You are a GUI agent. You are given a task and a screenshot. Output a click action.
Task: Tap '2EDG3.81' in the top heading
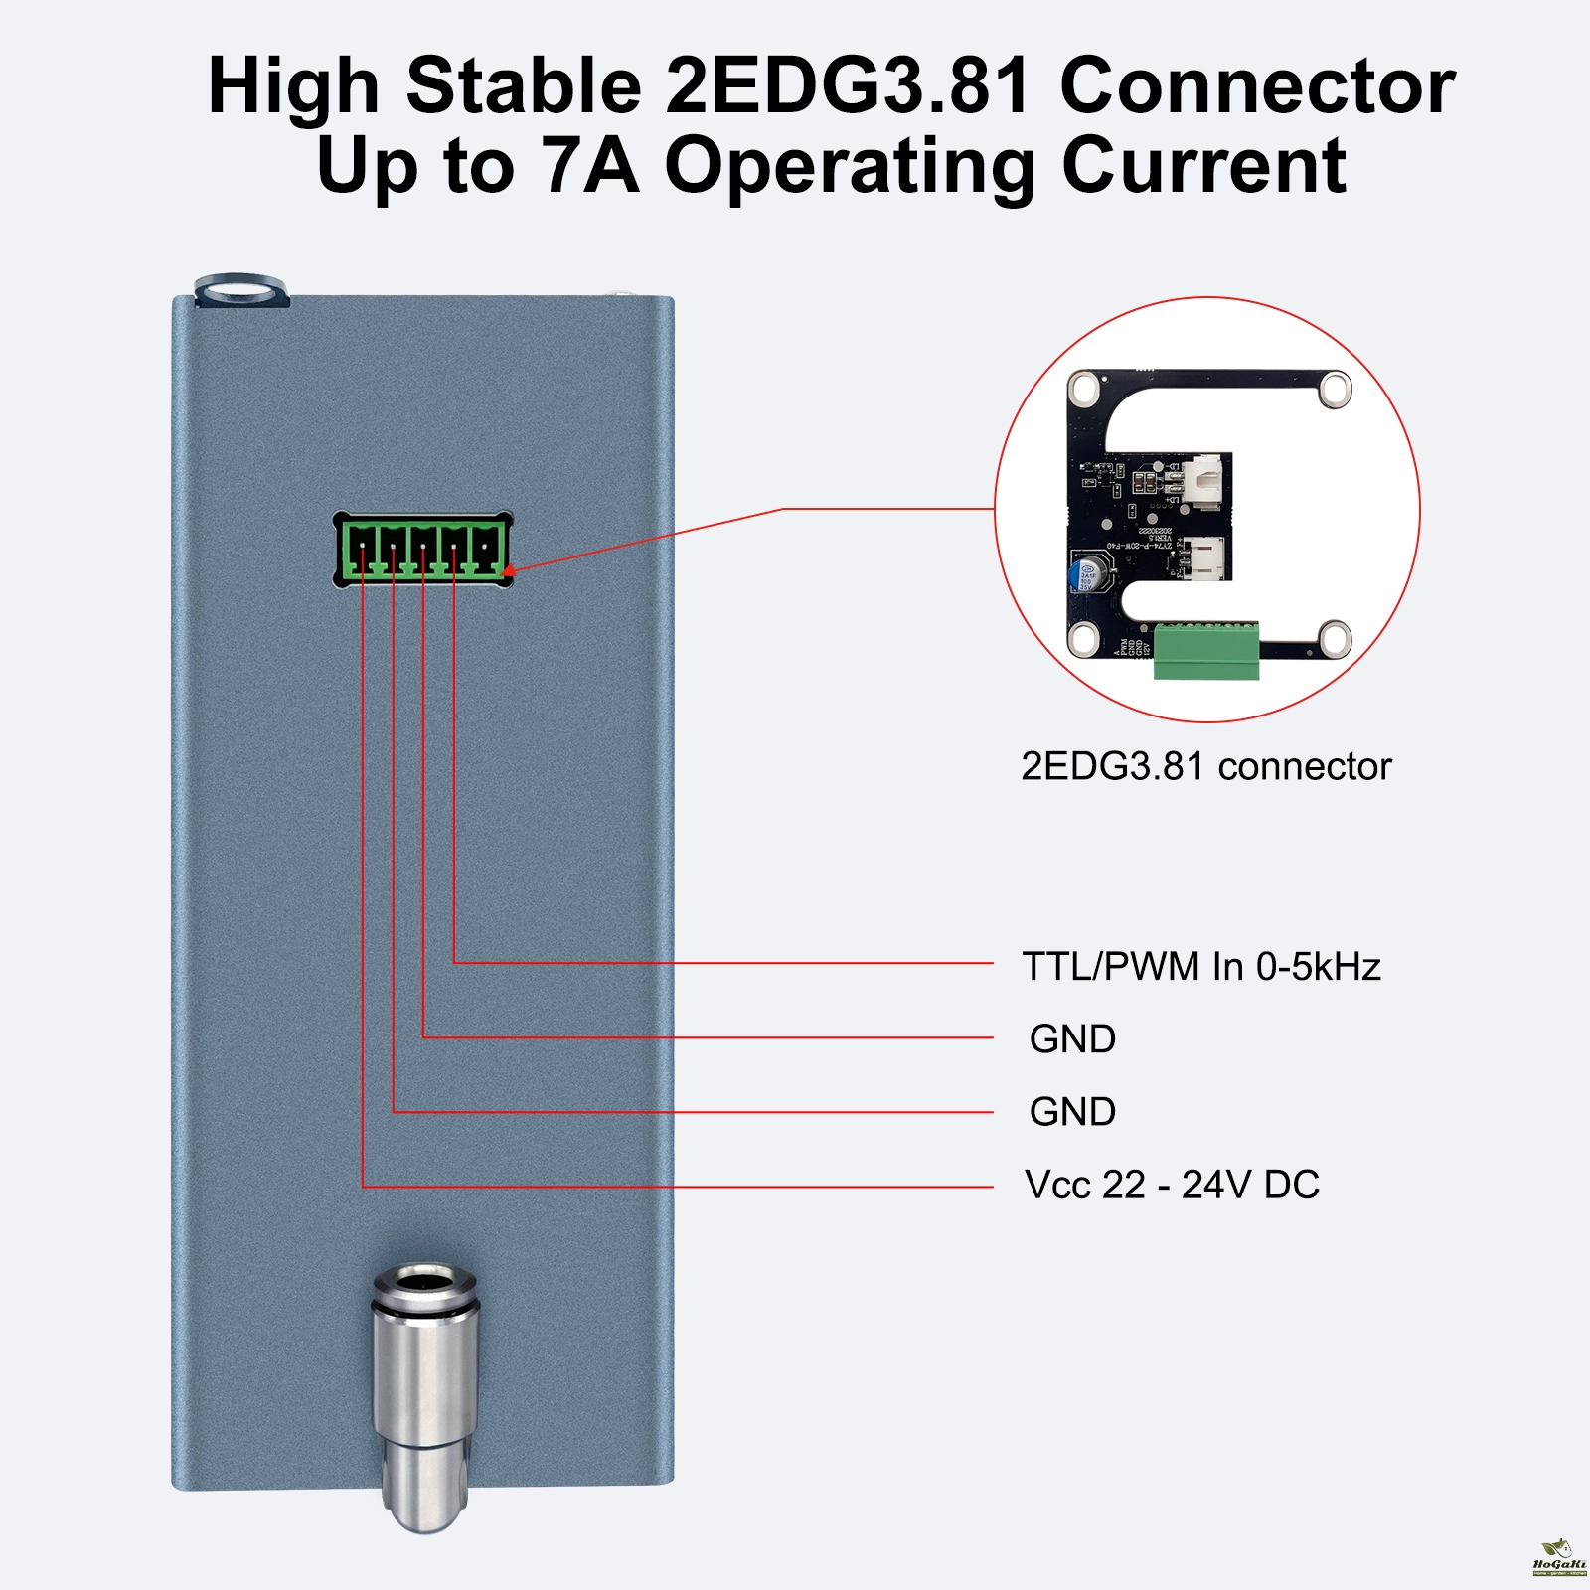click(x=847, y=85)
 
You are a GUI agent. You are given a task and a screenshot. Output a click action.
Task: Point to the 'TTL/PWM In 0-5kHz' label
click(x=1201, y=966)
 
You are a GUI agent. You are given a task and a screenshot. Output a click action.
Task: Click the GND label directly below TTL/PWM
click(x=1072, y=1038)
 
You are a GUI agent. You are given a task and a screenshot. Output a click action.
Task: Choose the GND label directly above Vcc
click(x=1072, y=1111)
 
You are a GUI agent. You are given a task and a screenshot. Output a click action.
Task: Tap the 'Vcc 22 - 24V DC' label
click(x=1172, y=1185)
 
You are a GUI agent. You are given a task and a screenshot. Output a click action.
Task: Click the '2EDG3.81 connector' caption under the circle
click(x=1205, y=766)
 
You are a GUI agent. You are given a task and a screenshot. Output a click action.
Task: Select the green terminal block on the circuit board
click(x=1206, y=651)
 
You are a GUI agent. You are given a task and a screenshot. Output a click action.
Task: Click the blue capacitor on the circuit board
click(x=1086, y=573)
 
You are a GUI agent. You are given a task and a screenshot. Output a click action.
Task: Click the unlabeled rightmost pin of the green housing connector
click(x=486, y=550)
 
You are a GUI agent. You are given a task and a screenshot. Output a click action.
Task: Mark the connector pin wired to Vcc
click(x=363, y=550)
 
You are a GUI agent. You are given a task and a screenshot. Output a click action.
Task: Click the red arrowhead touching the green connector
click(x=509, y=570)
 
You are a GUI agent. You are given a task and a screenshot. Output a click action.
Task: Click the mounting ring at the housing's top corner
click(x=238, y=291)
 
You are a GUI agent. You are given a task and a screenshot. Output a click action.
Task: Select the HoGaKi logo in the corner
click(x=1558, y=1558)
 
